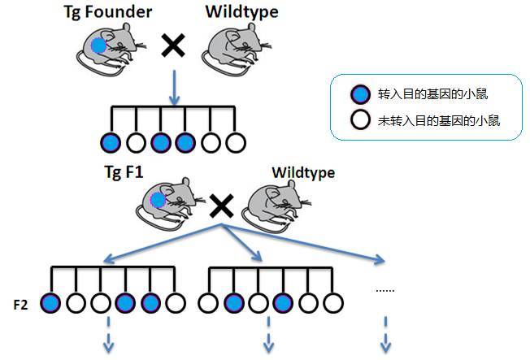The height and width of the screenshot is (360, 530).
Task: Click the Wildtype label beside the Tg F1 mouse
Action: (x=302, y=172)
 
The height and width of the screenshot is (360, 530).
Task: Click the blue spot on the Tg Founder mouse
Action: (x=99, y=46)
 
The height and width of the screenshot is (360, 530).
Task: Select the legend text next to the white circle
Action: (x=438, y=121)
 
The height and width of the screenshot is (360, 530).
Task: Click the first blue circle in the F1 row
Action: (x=110, y=143)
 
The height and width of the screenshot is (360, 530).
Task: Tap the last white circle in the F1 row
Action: (x=235, y=143)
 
